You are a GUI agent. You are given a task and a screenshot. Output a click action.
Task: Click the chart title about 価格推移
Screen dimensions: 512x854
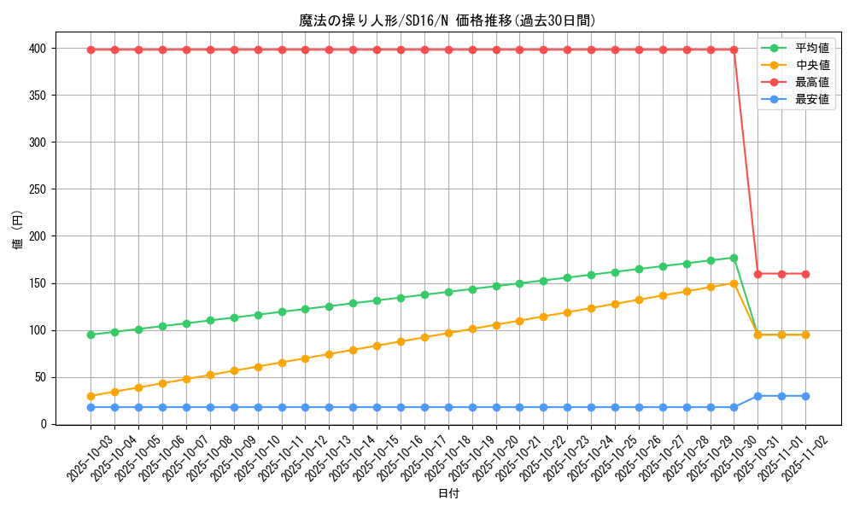pyautogui.click(x=447, y=20)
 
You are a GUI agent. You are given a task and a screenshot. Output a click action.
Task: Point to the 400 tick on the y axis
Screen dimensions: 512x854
pyautogui.click(x=38, y=49)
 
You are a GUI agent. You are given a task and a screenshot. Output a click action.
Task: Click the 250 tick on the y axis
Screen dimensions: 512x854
pyautogui.click(x=38, y=189)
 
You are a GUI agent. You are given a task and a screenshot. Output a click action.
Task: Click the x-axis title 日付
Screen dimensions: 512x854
pyautogui.click(x=447, y=494)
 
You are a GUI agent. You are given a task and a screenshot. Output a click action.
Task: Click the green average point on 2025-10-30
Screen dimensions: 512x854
pyautogui.click(x=734, y=258)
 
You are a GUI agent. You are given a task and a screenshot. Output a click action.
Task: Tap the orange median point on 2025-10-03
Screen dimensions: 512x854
pyautogui.click(x=91, y=396)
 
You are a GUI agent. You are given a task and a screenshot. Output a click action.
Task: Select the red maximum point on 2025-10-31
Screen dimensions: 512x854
pyautogui.click(x=757, y=274)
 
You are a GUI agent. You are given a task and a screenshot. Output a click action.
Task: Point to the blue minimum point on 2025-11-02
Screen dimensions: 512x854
pyautogui.click(x=805, y=396)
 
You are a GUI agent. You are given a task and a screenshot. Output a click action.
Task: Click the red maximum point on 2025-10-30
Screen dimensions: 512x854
pyautogui.click(x=734, y=49)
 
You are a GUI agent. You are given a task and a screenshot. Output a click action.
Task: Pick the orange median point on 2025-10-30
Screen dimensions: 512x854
pyautogui.click(x=734, y=283)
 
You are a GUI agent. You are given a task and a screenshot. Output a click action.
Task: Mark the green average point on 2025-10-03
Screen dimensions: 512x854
pyautogui.click(x=91, y=335)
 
